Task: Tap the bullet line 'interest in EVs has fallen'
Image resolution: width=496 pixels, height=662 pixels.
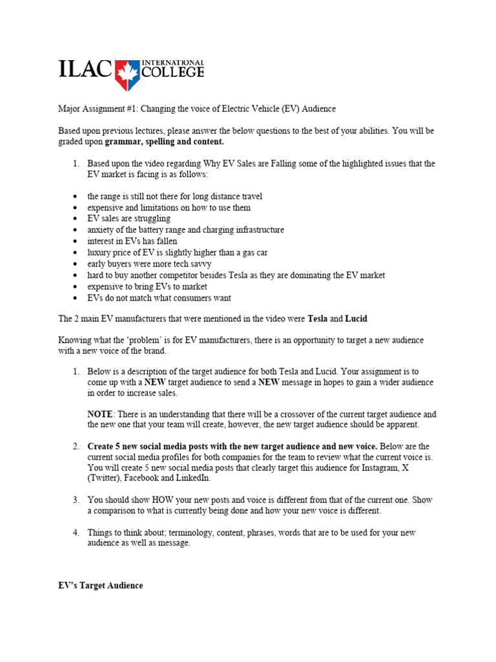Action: pyautogui.click(x=132, y=241)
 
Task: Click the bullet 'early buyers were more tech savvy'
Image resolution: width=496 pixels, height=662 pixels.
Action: pyautogui.click(x=149, y=264)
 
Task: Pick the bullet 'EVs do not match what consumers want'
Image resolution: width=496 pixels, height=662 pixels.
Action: pyautogui.click(x=159, y=298)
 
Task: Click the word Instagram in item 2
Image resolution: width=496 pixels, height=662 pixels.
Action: pyautogui.click(x=378, y=467)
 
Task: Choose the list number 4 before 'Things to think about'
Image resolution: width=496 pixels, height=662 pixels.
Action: pyautogui.click(x=76, y=532)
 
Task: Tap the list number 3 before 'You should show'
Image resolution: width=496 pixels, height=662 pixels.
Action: pyautogui.click(x=76, y=500)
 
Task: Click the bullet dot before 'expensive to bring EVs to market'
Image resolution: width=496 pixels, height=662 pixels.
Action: pyautogui.click(x=76, y=287)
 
